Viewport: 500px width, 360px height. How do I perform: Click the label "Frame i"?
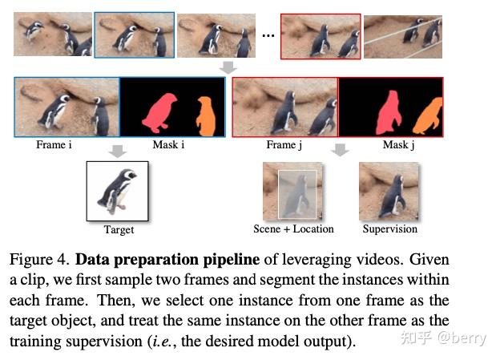point(54,144)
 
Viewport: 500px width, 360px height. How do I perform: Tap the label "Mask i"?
point(168,144)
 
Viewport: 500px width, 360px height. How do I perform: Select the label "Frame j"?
point(284,145)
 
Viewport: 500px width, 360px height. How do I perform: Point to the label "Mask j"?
point(398,145)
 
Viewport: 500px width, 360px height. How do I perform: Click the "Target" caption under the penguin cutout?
point(119,230)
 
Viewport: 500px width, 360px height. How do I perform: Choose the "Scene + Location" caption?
point(293,229)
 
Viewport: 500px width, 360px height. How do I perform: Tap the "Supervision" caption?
point(389,229)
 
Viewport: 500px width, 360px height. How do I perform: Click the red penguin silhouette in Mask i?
point(159,113)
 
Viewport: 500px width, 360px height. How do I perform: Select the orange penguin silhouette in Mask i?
point(206,117)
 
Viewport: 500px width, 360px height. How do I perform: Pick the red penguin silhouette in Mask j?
point(389,113)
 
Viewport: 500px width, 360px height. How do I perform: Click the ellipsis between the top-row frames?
point(268,35)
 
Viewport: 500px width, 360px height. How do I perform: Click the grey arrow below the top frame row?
point(228,67)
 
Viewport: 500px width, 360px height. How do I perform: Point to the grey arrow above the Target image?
point(118,152)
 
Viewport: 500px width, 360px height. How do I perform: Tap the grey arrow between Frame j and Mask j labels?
point(340,150)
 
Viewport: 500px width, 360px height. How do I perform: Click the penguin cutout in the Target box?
point(117,192)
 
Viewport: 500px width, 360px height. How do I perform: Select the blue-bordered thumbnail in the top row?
point(135,35)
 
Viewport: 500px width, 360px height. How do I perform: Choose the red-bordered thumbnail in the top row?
point(321,36)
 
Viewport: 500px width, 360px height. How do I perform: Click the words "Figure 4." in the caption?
point(39,259)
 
